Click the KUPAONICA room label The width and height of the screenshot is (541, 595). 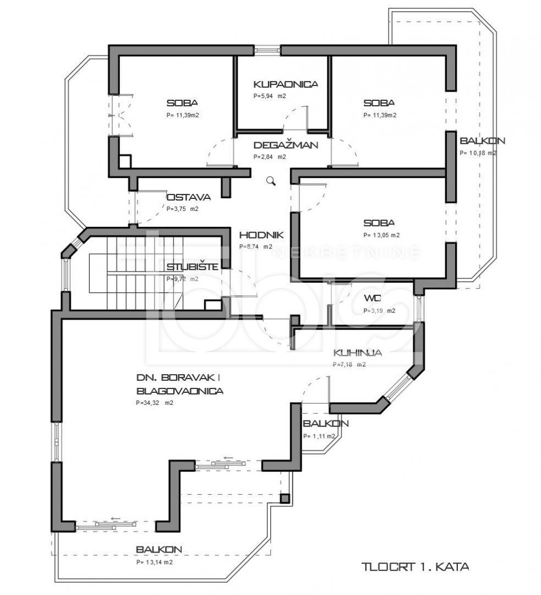pos(286,84)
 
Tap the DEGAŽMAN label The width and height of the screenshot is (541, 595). pos(286,145)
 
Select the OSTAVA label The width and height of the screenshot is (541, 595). pos(189,197)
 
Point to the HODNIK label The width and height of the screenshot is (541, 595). pos(261,235)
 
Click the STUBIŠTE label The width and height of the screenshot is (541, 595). pos(193,267)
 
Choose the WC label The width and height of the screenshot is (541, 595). pos(372,298)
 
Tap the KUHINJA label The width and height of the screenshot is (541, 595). pos(358,353)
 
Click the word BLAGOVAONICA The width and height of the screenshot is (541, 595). pos(180,391)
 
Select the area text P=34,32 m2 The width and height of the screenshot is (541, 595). pos(155,403)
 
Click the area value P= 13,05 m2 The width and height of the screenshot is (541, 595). pos(381,235)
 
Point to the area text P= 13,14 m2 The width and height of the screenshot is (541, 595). pos(154,562)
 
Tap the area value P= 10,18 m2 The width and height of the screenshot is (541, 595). pos(478,153)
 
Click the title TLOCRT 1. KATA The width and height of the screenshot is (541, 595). pos(415,567)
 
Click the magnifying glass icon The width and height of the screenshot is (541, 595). pos(271,181)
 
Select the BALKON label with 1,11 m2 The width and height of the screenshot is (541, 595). pos(326,423)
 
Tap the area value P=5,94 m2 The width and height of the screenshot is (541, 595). pos(270,96)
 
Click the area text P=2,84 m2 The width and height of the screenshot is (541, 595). pos(270,156)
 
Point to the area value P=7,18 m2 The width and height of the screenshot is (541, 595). pos(349,365)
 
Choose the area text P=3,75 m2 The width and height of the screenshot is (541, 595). pos(182,209)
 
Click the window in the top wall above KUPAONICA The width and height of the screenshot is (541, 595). pos(267,50)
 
